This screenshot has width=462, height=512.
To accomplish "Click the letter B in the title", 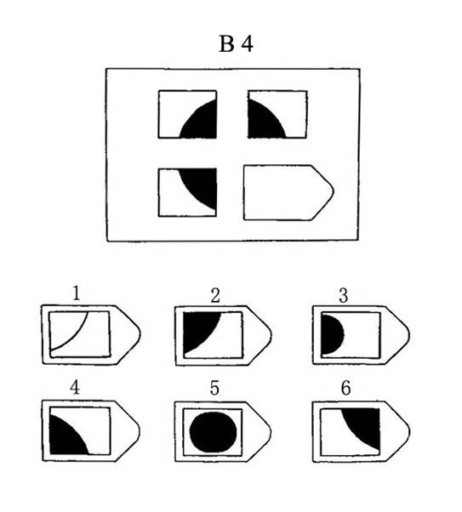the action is (227, 44).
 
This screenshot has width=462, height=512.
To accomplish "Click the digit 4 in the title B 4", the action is (248, 44).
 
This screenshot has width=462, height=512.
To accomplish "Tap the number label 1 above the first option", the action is (76, 293).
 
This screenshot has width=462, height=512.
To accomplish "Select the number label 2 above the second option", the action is (215, 296).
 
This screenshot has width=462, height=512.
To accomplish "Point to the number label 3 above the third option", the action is (344, 296).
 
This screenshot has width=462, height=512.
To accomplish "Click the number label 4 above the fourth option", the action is (75, 388).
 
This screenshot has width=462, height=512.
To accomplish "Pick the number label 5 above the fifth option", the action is (214, 388).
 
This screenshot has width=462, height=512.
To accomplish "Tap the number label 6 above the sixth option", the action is (345, 388).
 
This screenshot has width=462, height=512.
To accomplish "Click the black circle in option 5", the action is (213, 432).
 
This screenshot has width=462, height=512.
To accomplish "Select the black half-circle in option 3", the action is (331, 334).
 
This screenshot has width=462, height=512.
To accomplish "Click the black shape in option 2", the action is (197, 328).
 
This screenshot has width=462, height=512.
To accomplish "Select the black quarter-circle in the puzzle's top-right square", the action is (262, 122).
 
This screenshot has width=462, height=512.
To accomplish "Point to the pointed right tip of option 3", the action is (409, 334).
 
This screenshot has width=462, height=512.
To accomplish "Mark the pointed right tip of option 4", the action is (140, 430).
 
